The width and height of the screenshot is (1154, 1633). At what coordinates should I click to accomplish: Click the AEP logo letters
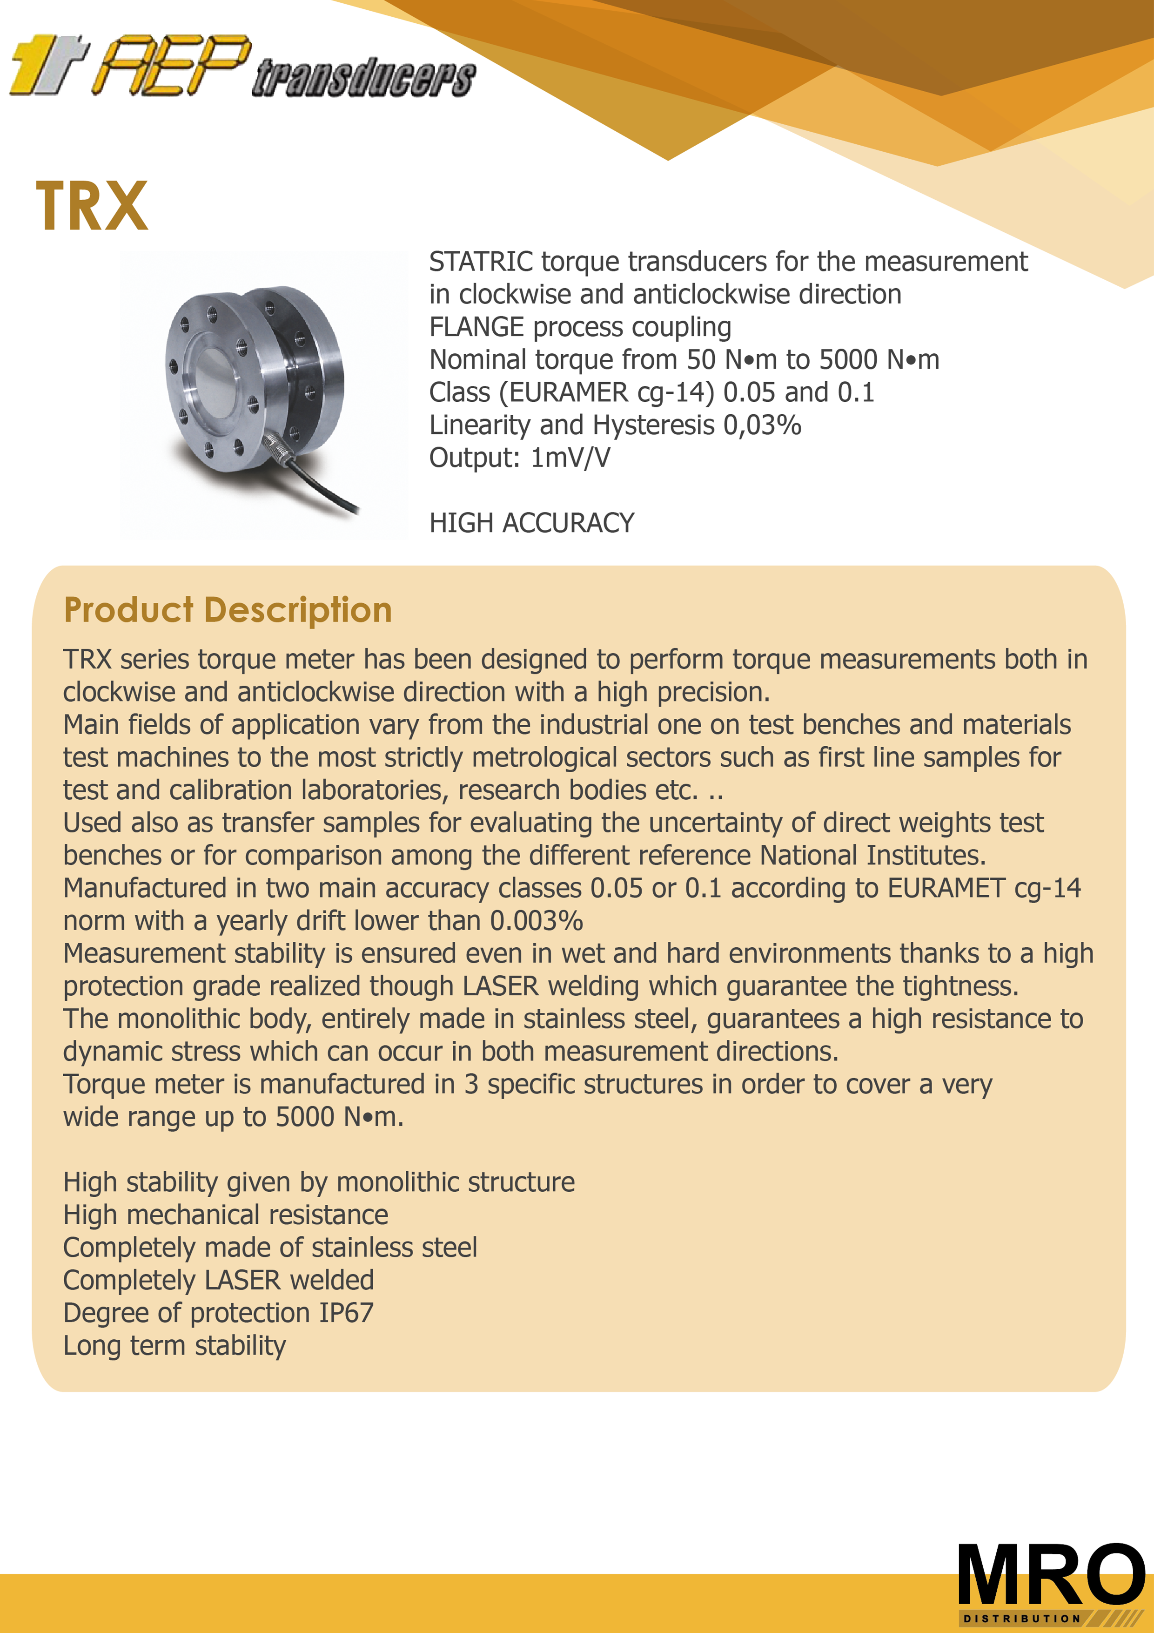(174, 66)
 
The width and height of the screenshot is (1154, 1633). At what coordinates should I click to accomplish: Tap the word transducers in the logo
(363, 78)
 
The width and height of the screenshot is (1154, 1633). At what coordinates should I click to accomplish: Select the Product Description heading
(228, 610)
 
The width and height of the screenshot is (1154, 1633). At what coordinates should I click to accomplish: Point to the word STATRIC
(481, 262)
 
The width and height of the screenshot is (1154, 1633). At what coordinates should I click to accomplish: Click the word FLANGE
(476, 327)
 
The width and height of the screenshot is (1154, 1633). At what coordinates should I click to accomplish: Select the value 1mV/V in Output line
(570, 458)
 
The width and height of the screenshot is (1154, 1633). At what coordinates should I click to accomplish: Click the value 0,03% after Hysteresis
(762, 425)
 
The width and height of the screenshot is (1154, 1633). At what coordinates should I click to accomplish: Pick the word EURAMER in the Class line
(569, 392)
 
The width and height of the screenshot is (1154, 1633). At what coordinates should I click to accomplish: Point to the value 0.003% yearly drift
(537, 921)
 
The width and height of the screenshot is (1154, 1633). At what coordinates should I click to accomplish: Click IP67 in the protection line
(346, 1313)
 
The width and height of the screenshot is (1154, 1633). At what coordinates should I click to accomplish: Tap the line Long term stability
(174, 1346)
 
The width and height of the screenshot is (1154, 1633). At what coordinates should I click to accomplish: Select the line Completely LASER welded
(218, 1280)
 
